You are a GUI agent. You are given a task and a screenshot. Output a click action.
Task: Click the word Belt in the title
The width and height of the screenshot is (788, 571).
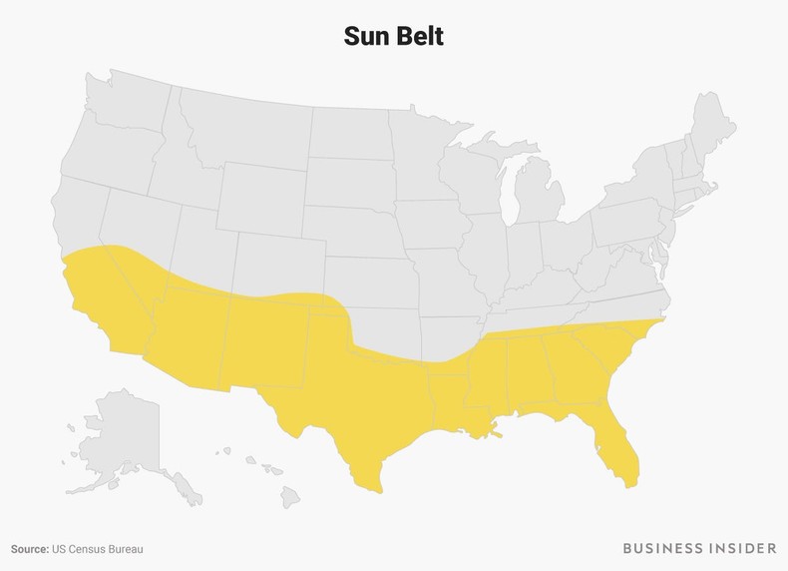pyautogui.click(x=419, y=36)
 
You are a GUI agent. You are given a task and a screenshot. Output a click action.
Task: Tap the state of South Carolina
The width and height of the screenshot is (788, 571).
pyautogui.click(x=604, y=354)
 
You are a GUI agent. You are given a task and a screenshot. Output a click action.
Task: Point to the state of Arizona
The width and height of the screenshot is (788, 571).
pyautogui.click(x=185, y=334)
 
